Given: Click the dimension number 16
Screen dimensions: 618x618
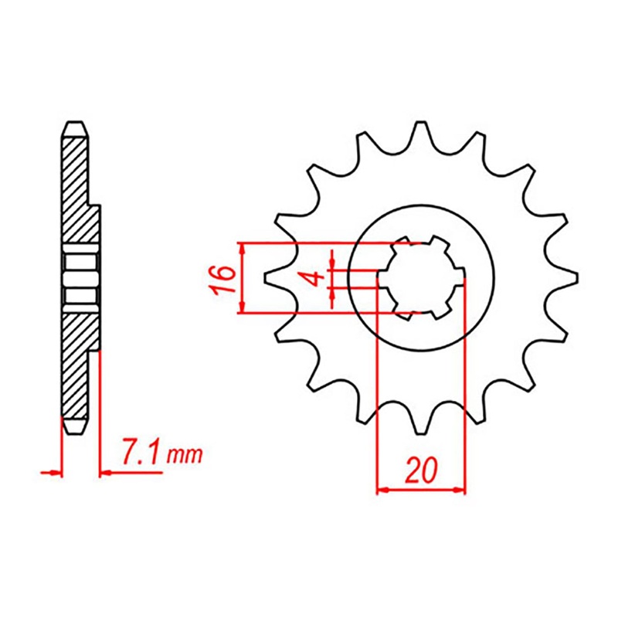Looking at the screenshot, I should tap(222, 278).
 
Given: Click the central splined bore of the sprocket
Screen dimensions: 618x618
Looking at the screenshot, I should tap(421, 278).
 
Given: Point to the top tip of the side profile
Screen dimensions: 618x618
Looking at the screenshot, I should tap(74, 125).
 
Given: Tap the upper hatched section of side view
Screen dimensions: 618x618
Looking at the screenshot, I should tap(77, 185).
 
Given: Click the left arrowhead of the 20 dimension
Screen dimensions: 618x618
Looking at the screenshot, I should tap(381, 489).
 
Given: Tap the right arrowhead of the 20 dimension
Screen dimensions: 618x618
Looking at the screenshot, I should tap(461, 489).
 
